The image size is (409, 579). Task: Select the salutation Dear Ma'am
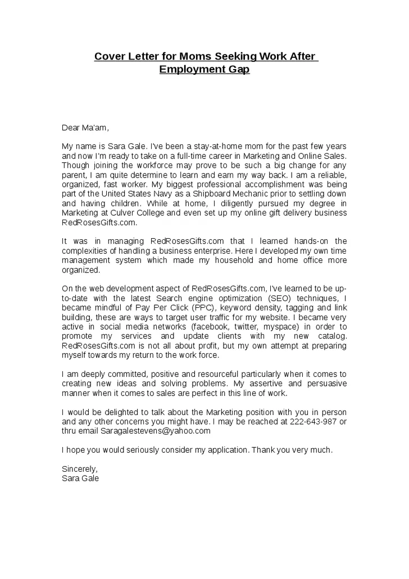(84, 127)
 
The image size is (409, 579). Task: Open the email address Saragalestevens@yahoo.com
(156, 431)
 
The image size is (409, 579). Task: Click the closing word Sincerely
(80, 469)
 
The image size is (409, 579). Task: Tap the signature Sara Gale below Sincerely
(80, 478)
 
